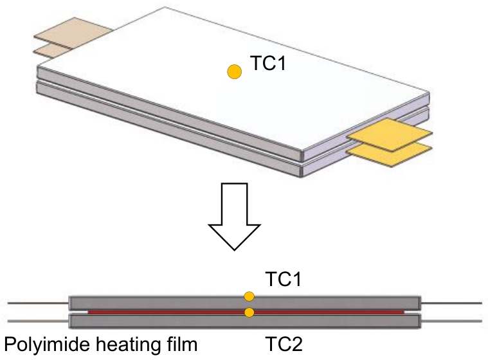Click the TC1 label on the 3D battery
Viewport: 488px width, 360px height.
266,66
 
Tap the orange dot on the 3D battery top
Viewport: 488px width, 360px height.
235,72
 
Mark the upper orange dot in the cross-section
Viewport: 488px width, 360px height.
249,296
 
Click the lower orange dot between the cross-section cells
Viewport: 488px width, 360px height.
249,312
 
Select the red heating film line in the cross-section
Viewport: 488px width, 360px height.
161,312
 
